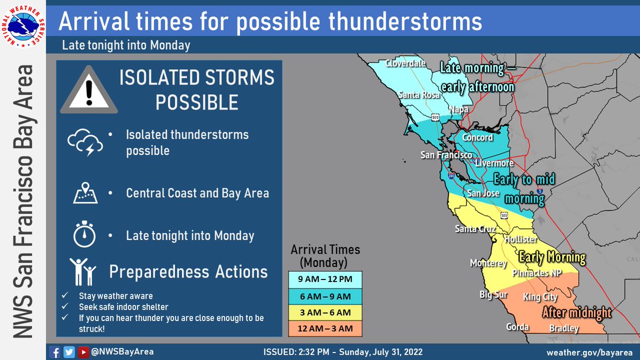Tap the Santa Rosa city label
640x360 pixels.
419,95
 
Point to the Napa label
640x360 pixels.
458,109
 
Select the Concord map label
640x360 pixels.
477,138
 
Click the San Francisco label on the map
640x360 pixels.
446,155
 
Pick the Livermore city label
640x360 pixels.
494,163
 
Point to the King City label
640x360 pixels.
540,297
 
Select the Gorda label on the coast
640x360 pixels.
518,327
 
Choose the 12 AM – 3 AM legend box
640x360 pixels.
326,328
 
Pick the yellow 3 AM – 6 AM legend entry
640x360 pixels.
326,312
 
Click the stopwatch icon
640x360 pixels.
84,235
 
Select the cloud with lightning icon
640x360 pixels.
84,141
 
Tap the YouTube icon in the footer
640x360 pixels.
83,352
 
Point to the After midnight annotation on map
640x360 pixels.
577,313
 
